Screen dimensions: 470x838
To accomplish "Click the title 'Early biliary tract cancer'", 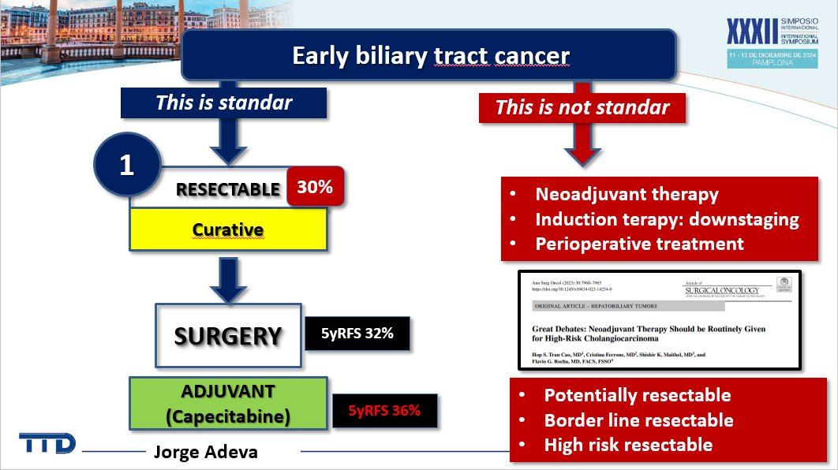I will [x=430, y=56].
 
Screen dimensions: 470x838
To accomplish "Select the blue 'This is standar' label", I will [x=223, y=103].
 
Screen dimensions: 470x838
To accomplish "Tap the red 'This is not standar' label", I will [x=582, y=107].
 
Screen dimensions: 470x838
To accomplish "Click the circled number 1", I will [x=127, y=166].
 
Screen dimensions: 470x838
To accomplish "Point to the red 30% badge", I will [x=315, y=186].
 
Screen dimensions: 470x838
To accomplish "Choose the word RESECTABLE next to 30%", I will [x=228, y=189].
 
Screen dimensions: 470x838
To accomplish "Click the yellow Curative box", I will [x=228, y=230].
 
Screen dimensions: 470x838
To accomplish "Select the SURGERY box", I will [x=228, y=336].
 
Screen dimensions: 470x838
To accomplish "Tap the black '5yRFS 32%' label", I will [x=358, y=334].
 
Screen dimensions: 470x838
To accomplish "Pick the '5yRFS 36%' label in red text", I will [x=384, y=410].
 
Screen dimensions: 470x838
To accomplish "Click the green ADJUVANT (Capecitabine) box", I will [x=228, y=403].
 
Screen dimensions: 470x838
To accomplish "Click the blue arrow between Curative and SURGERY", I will [x=228, y=278].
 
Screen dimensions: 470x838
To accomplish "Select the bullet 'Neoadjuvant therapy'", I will [x=627, y=195].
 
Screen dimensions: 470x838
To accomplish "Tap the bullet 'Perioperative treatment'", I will [x=639, y=244].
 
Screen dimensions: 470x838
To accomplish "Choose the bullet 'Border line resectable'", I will [x=638, y=420].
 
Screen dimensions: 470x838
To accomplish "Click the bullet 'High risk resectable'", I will [x=628, y=445].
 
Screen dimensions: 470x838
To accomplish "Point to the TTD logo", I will [x=48, y=443].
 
